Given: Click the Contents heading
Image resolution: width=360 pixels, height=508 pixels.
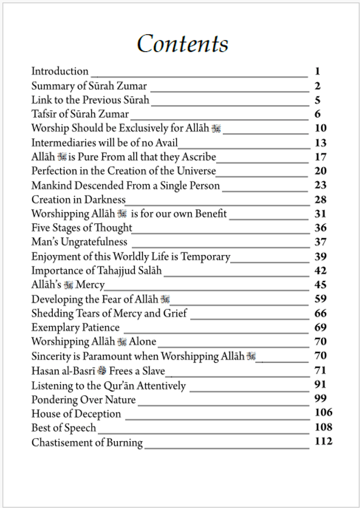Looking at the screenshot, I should point(182,44).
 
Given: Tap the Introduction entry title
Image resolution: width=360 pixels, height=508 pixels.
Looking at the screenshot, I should point(60,71).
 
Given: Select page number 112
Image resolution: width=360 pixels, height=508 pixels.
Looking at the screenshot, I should point(323,441).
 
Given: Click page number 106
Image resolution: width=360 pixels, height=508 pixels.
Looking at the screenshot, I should point(323,413).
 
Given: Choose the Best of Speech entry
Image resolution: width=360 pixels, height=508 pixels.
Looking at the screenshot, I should point(64,428).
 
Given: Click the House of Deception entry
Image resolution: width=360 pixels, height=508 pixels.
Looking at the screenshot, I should point(76,414).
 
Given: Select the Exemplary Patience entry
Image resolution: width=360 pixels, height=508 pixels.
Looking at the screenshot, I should point(75,327).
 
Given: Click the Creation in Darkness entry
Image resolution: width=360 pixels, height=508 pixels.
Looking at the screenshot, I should point(78,199).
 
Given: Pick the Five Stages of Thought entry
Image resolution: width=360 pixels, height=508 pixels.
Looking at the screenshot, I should point(82,228).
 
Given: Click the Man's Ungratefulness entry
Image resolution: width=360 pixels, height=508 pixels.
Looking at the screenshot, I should point(79,242).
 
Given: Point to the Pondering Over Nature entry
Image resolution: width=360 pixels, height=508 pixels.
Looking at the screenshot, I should point(83,400).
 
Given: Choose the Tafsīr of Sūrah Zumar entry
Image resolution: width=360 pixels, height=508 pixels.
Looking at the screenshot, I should point(80,114).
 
